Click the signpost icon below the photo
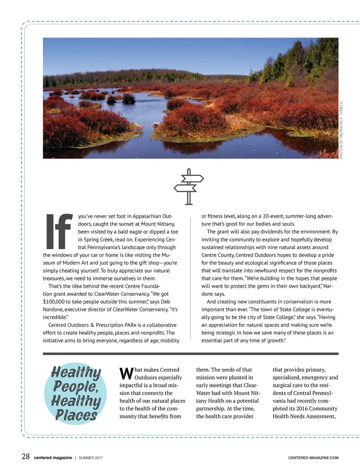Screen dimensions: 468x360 click(x=189, y=186)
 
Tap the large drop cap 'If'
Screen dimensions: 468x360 click(x=59, y=231)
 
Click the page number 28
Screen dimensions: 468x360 click(x=26, y=457)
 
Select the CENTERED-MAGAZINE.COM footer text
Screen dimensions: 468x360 click(x=313, y=458)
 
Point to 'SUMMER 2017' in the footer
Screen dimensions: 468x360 click(x=91, y=458)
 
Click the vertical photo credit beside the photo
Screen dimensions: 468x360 click(x=341, y=130)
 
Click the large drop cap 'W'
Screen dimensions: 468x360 click(x=126, y=374)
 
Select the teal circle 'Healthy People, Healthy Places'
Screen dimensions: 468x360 click(x=76, y=393)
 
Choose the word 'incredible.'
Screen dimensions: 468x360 click(x=56, y=317)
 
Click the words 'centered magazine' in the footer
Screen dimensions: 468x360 click(x=53, y=458)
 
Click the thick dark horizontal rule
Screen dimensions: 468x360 click(x=191, y=354)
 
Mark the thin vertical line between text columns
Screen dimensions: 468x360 click(x=191, y=278)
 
